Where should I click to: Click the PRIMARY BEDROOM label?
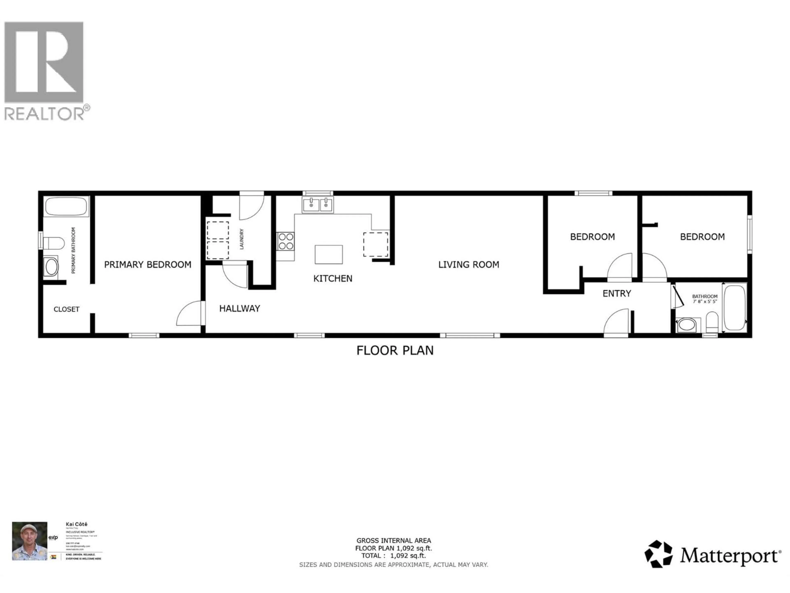[148, 265]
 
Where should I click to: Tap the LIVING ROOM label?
[469, 265]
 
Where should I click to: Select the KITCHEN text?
[332, 278]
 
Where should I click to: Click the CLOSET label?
[66, 309]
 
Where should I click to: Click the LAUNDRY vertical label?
[242, 239]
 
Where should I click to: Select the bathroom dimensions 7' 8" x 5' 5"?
[705, 301]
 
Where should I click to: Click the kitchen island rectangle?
[329, 254]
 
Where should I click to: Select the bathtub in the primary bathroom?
[66, 206]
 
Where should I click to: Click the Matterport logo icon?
[658, 554]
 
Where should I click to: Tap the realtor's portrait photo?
[30, 541]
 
